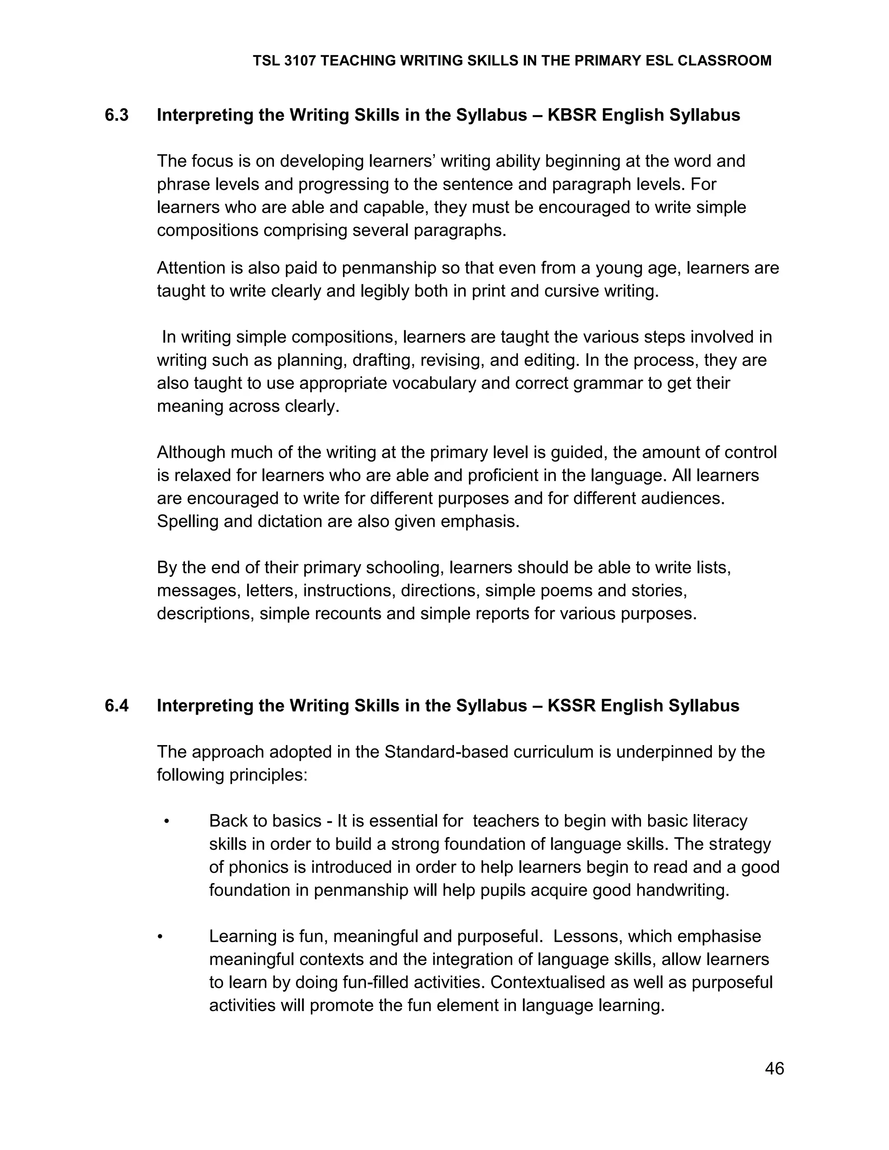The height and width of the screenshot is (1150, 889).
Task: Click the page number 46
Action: pyautogui.click(x=774, y=1068)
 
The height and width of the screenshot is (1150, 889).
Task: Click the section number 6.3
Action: pyautogui.click(x=116, y=115)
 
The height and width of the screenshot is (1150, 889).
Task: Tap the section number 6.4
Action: pyautogui.click(x=116, y=706)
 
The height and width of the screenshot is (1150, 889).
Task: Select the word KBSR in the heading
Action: pyautogui.click(x=572, y=115)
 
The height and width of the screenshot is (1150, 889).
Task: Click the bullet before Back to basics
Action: pyautogui.click(x=166, y=821)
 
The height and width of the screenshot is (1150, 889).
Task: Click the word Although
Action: pyautogui.click(x=191, y=452)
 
